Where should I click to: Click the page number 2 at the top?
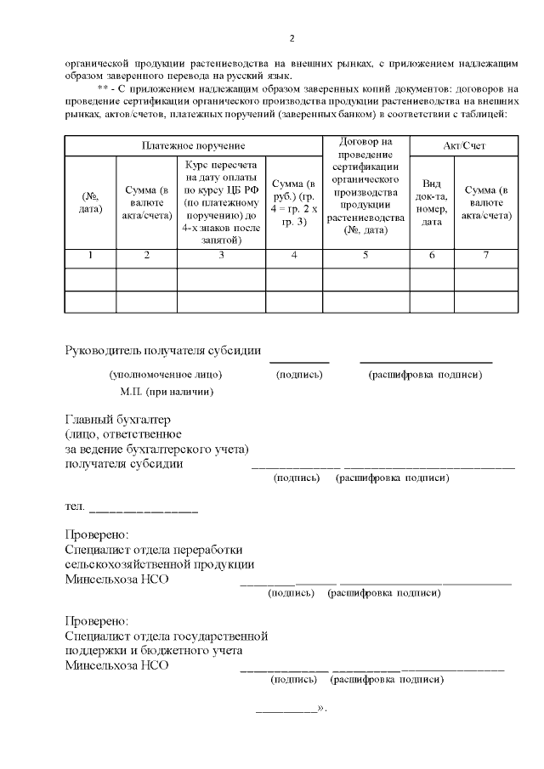[x=292, y=38]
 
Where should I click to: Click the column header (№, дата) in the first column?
[x=90, y=202]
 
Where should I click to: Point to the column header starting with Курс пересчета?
[x=221, y=202]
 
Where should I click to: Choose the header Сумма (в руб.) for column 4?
[x=293, y=202]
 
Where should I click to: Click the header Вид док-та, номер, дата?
[x=432, y=202]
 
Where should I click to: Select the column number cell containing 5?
[x=365, y=256]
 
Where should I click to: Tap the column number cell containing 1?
[x=90, y=256]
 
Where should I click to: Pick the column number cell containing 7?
[x=486, y=256]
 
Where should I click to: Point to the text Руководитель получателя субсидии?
[x=163, y=352]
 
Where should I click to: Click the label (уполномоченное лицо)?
[x=159, y=375]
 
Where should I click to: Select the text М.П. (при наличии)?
[x=167, y=392]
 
